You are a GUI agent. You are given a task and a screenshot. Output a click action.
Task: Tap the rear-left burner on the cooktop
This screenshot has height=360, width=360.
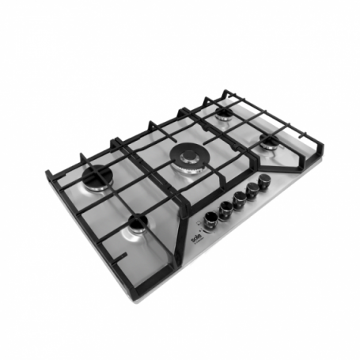pos(99,180)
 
